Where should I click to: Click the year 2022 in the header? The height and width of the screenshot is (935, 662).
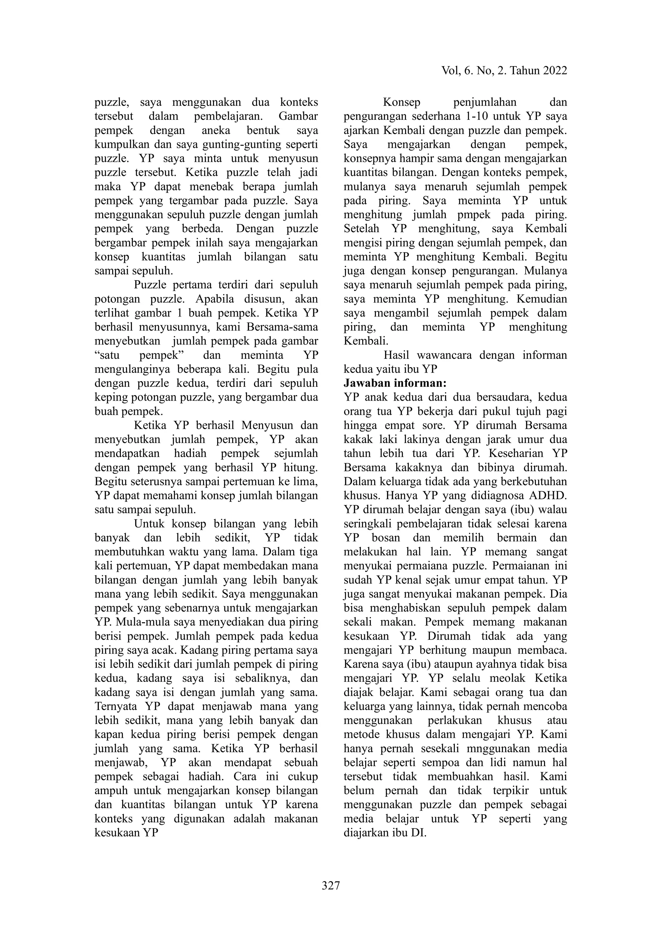click(554, 71)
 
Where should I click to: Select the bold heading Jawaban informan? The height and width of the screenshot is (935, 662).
click(395, 383)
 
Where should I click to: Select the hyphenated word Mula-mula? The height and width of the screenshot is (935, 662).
click(136, 622)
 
